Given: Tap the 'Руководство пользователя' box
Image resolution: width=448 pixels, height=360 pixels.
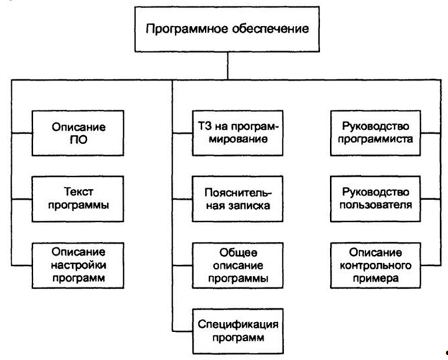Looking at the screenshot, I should [376, 198].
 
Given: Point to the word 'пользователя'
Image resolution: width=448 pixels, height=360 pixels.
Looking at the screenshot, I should [376, 205].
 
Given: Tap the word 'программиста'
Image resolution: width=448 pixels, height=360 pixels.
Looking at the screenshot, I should [376, 139].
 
